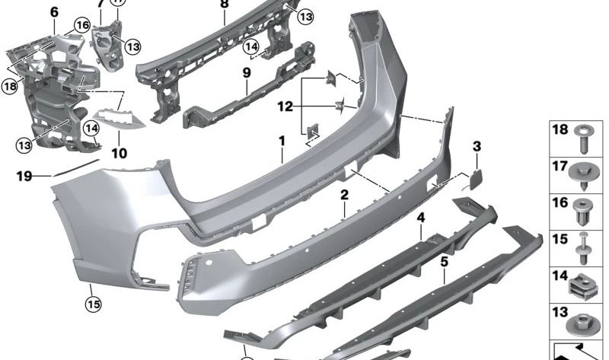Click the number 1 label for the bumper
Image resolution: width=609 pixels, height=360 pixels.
click(x=281, y=141)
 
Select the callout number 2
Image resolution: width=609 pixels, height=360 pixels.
click(x=344, y=195)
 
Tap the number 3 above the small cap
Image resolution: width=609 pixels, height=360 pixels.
click(x=477, y=145)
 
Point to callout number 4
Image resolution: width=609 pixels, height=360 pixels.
click(x=420, y=218)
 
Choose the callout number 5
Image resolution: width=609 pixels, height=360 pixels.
click(x=444, y=262)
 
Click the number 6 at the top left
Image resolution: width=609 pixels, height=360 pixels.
click(x=53, y=12)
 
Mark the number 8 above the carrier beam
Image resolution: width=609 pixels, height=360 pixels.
click(x=224, y=4)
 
